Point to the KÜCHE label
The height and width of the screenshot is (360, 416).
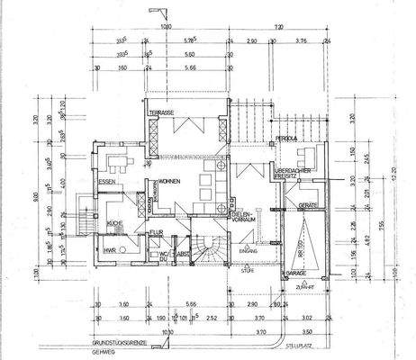(114, 221)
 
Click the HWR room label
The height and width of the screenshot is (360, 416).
(109, 249)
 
